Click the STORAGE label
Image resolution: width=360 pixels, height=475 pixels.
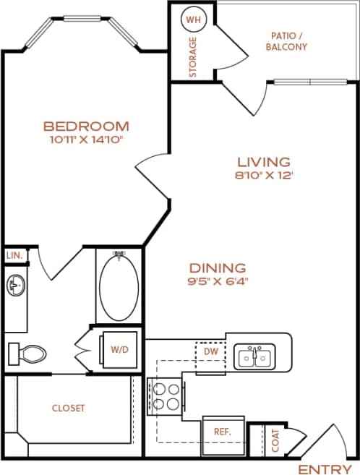193,56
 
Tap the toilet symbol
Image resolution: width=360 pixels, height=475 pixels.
27,354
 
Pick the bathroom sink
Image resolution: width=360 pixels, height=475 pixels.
16,286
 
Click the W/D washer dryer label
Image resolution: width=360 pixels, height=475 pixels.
119,348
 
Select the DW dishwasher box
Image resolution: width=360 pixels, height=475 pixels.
210,352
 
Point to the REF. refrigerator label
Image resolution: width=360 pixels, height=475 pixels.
221,431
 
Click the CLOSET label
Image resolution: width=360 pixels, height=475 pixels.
69,408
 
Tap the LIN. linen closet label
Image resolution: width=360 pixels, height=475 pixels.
14,256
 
